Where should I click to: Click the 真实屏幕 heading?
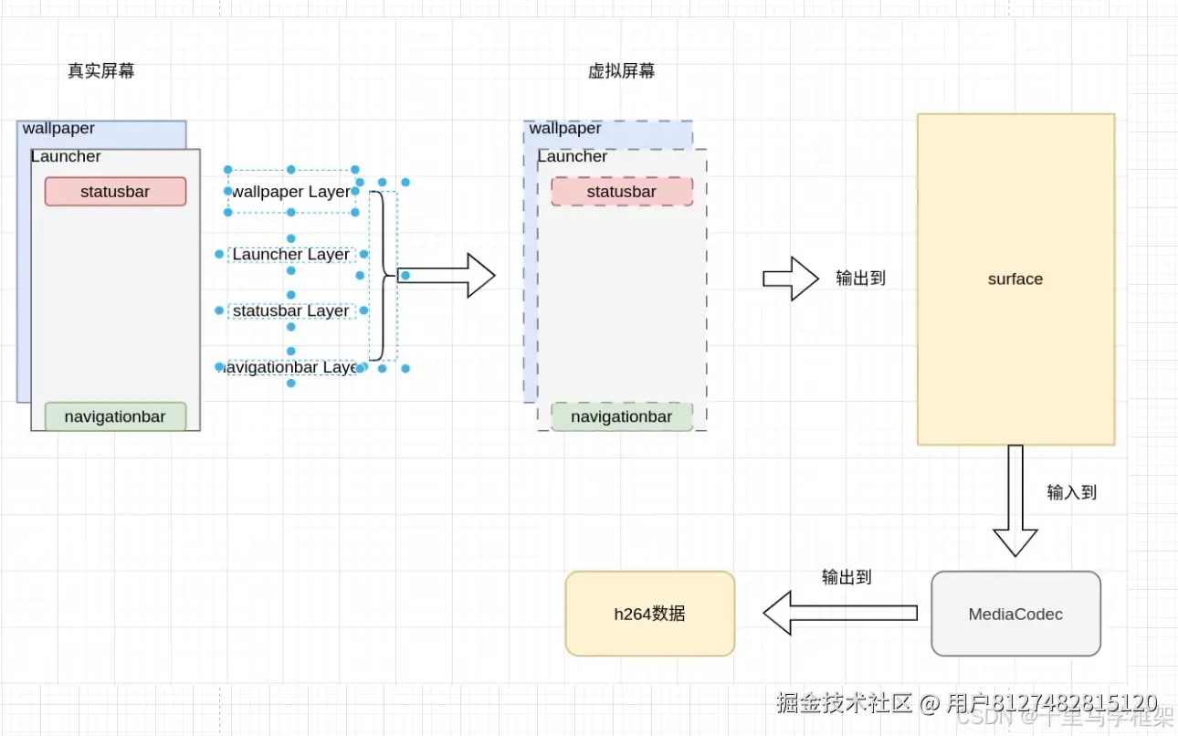[101, 71]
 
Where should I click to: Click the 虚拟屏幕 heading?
[621, 71]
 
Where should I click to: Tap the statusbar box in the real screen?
[115, 192]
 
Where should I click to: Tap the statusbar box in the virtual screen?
[622, 192]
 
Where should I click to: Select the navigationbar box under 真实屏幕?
[115, 416]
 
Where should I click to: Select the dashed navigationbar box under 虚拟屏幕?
[622, 416]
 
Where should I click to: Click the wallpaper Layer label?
[290, 192]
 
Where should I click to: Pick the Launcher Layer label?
[290, 254]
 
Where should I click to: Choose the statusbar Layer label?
[290, 310]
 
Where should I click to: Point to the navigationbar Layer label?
[290, 367]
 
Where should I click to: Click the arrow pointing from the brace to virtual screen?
[447, 276]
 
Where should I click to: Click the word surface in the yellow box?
[1015, 279]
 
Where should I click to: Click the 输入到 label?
[1071, 492]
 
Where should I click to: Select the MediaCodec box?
[1015, 614]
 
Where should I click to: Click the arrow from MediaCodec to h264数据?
[839, 612]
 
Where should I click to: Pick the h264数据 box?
[649, 614]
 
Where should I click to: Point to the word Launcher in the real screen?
[66, 157]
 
